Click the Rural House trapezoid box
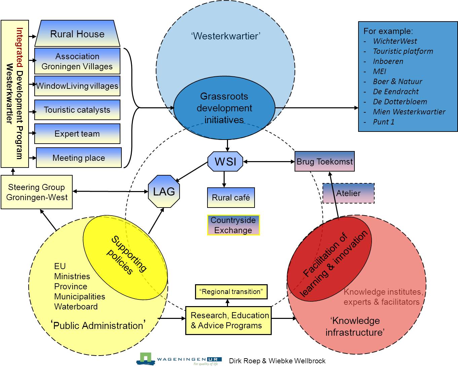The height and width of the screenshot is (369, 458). [x=77, y=34]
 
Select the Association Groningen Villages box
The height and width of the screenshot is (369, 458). [x=77, y=61]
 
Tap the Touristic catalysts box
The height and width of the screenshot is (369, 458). [x=77, y=110]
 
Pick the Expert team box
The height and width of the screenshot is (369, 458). [x=77, y=134]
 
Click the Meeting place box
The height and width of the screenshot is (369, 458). [x=79, y=158]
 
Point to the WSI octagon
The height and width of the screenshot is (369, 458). [x=225, y=161]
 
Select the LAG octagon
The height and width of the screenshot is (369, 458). [x=164, y=191]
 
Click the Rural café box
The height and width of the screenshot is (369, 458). [x=231, y=197]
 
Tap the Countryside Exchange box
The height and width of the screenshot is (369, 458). [x=233, y=225]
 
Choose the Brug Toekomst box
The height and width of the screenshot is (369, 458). [x=325, y=161]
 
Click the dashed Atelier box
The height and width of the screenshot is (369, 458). [x=348, y=193]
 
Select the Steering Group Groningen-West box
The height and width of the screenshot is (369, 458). [x=37, y=192]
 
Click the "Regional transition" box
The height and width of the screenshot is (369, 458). [x=231, y=292]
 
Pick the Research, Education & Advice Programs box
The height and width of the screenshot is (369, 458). [x=228, y=320]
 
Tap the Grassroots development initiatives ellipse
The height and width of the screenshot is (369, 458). [x=224, y=108]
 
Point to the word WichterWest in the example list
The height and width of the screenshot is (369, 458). [x=395, y=41]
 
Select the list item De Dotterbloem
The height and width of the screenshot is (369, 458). [x=400, y=102]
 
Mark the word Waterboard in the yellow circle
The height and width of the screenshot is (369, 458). [x=76, y=306]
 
